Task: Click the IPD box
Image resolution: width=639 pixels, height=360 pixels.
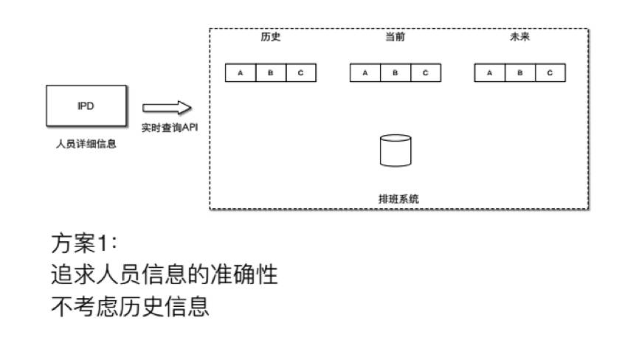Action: point(86,105)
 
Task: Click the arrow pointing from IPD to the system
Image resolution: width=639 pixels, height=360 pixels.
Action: point(167,108)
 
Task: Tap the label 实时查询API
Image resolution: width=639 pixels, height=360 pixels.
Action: point(170,128)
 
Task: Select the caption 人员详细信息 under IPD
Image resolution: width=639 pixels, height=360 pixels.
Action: point(86,145)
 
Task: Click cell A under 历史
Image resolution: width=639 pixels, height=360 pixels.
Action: point(241,73)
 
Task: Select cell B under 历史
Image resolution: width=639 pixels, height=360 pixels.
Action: point(271,73)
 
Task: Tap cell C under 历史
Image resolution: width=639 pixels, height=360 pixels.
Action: point(301,73)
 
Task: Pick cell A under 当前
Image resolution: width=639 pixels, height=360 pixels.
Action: point(365,73)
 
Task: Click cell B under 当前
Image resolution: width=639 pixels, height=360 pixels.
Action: point(395,73)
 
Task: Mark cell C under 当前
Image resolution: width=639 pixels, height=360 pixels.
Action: point(425,73)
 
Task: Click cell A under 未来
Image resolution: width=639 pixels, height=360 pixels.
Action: point(489,73)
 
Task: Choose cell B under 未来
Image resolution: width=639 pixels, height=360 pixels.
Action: point(519,73)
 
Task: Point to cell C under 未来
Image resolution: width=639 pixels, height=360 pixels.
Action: point(550,73)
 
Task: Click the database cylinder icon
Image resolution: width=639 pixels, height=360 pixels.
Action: point(395,150)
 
